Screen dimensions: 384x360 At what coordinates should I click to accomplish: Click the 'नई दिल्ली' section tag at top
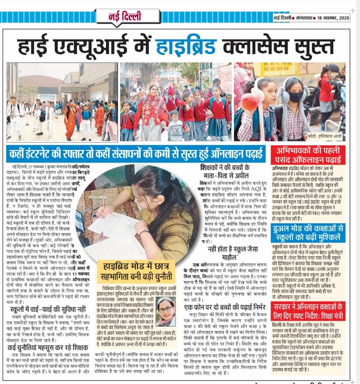(125, 16)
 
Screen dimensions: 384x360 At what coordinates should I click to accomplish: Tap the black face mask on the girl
(296, 97)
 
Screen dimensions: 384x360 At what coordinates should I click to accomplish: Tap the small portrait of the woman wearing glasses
(165, 311)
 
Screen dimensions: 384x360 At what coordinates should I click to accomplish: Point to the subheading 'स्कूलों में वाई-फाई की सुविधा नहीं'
(48, 309)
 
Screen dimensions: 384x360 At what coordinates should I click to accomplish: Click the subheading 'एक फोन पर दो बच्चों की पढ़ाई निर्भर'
(225, 307)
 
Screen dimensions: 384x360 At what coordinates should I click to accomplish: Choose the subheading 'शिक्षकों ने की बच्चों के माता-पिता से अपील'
(225, 171)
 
